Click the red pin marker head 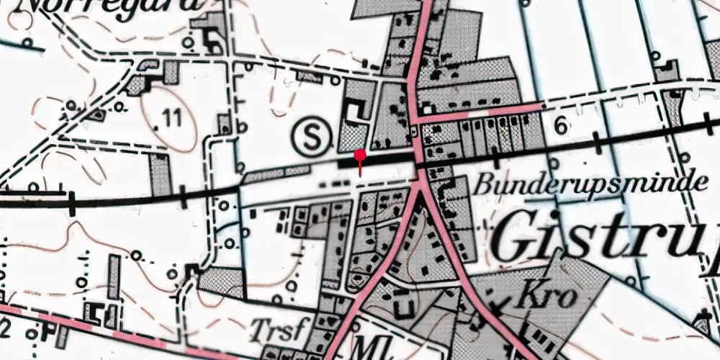coord(360,153)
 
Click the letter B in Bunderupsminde coord(482,184)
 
